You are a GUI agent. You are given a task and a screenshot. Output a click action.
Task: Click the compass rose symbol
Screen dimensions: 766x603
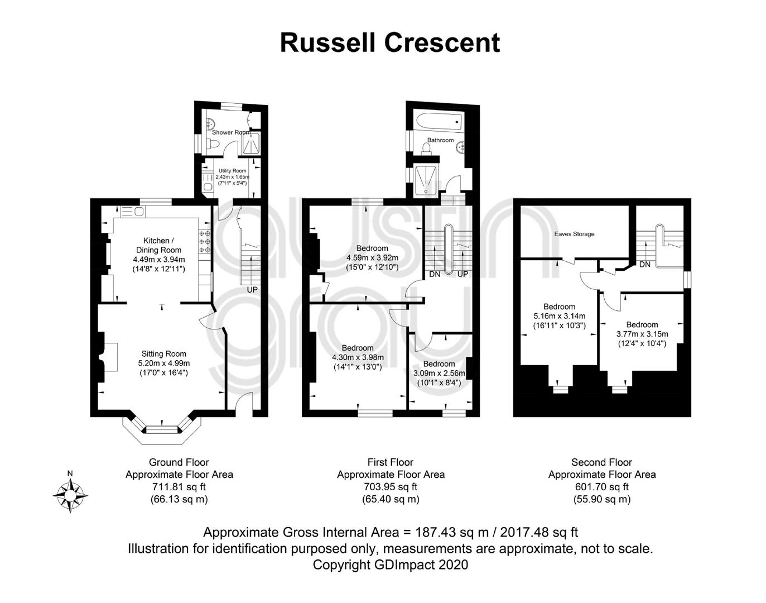click(x=70, y=495)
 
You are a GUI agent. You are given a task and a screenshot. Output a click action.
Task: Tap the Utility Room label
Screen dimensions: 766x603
click(x=232, y=171)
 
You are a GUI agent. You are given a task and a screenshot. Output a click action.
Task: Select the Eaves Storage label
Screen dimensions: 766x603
click(x=574, y=234)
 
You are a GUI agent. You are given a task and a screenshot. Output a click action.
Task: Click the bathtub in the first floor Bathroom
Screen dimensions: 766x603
click(x=440, y=122)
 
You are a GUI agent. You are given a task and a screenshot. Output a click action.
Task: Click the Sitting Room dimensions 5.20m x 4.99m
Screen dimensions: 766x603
click(x=163, y=363)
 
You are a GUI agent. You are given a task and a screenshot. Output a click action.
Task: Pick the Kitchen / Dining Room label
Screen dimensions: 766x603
click(x=159, y=245)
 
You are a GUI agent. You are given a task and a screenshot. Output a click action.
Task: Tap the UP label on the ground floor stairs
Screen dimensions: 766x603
click(x=252, y=290)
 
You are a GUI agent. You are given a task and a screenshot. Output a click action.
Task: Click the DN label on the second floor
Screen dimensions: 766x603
click(x=644, y=265)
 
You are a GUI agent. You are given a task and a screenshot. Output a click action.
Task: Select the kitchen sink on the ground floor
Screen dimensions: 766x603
click(x=132, y=212)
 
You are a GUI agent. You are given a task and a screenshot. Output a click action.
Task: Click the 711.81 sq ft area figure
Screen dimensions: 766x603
click(x=179, y=486)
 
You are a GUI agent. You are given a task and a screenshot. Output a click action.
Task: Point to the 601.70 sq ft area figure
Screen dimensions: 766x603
click(x=602, y=486)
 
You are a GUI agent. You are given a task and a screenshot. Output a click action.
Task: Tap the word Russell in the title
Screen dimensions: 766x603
click(x=327, y=43)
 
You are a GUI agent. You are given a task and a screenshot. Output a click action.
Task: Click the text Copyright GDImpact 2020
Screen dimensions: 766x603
click(x=391, y=565)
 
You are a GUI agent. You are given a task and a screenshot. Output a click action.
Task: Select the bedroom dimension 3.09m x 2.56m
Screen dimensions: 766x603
click(x=439, y=374)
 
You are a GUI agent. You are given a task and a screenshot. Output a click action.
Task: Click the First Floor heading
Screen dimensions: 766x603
click(x=391, y=462)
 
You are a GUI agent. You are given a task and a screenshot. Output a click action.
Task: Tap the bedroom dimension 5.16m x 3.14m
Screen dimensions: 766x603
click(x=559, y=316)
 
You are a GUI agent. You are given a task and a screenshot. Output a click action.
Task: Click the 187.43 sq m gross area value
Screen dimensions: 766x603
click(x=451, y=533)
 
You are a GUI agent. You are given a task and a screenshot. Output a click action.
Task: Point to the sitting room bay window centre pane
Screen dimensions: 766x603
click(x=162, y=430)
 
